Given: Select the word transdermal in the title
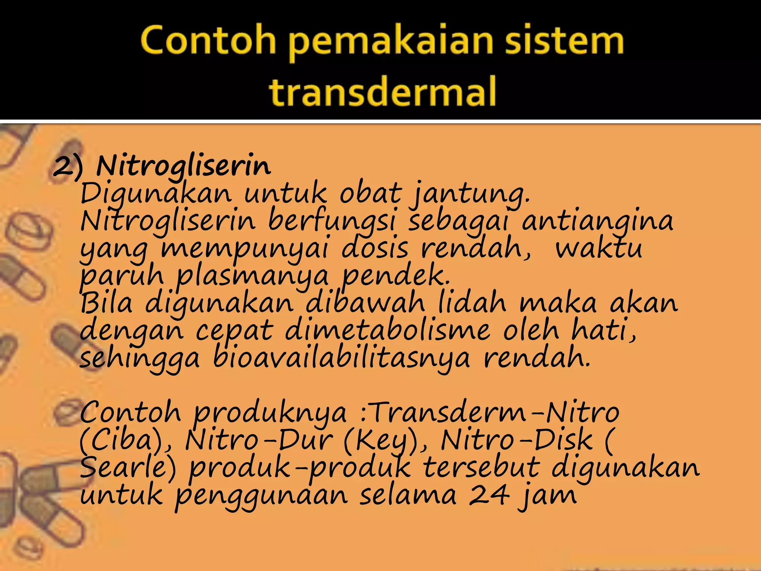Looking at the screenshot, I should point(382,91).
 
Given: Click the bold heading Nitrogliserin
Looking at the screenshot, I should point(184,165).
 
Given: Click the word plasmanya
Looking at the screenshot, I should point(252,276).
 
